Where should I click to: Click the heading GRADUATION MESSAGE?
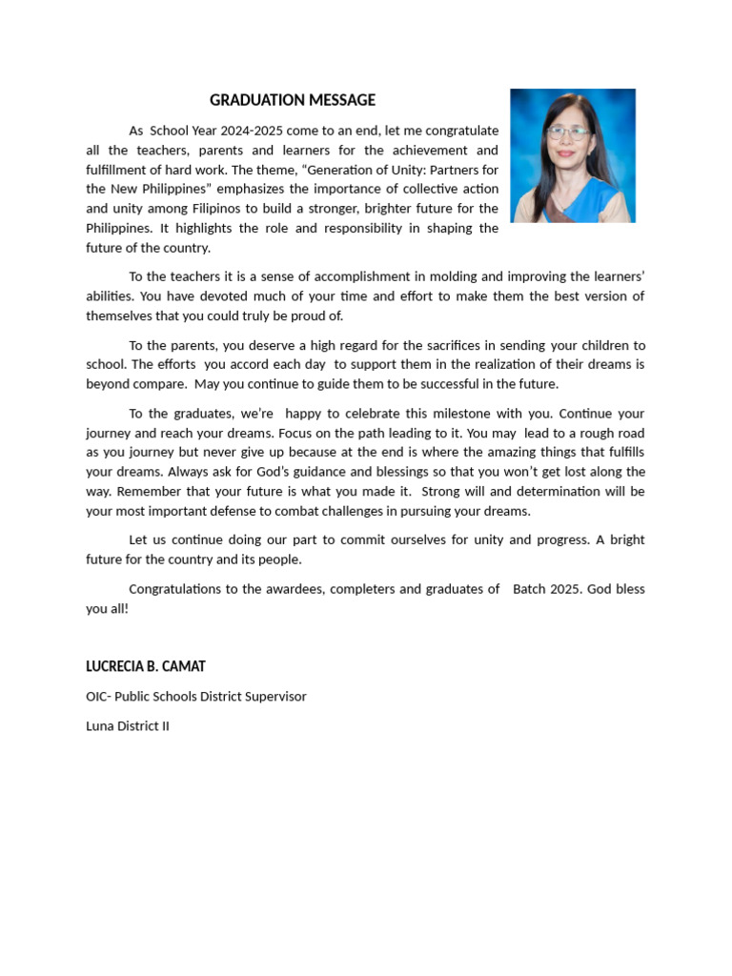pyautogui.click(x=293, y=100)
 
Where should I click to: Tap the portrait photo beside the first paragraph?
pyautogui.click(x=573, y=155)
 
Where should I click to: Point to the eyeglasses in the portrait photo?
pyautogui.click(x=568, y=132)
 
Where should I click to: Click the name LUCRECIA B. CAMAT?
pyautogui.click(x=146, y=666)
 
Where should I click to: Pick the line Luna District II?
pyautogui.click(x=128, y=726)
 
